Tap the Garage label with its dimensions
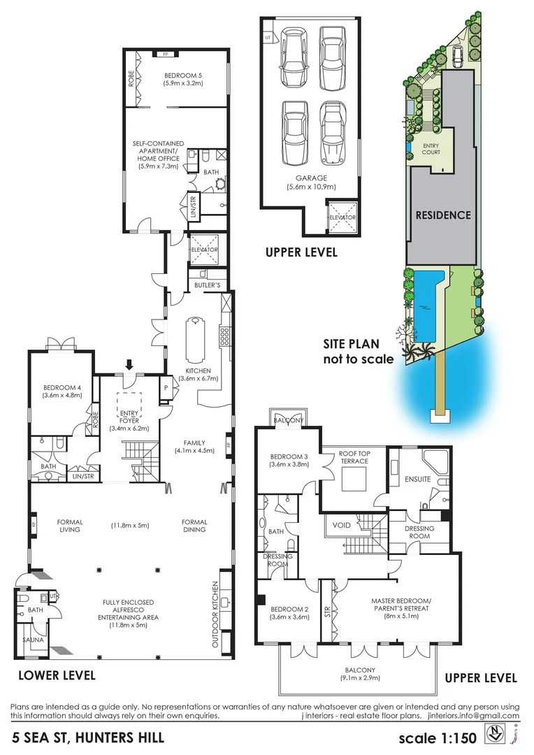pos(311,182)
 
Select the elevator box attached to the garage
pos(342,217)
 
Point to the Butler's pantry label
pos(208,285)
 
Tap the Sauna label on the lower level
pos(29,639)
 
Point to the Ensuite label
pos(417,480)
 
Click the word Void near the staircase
pos(342,524)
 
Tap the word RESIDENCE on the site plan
pos(443,215)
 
